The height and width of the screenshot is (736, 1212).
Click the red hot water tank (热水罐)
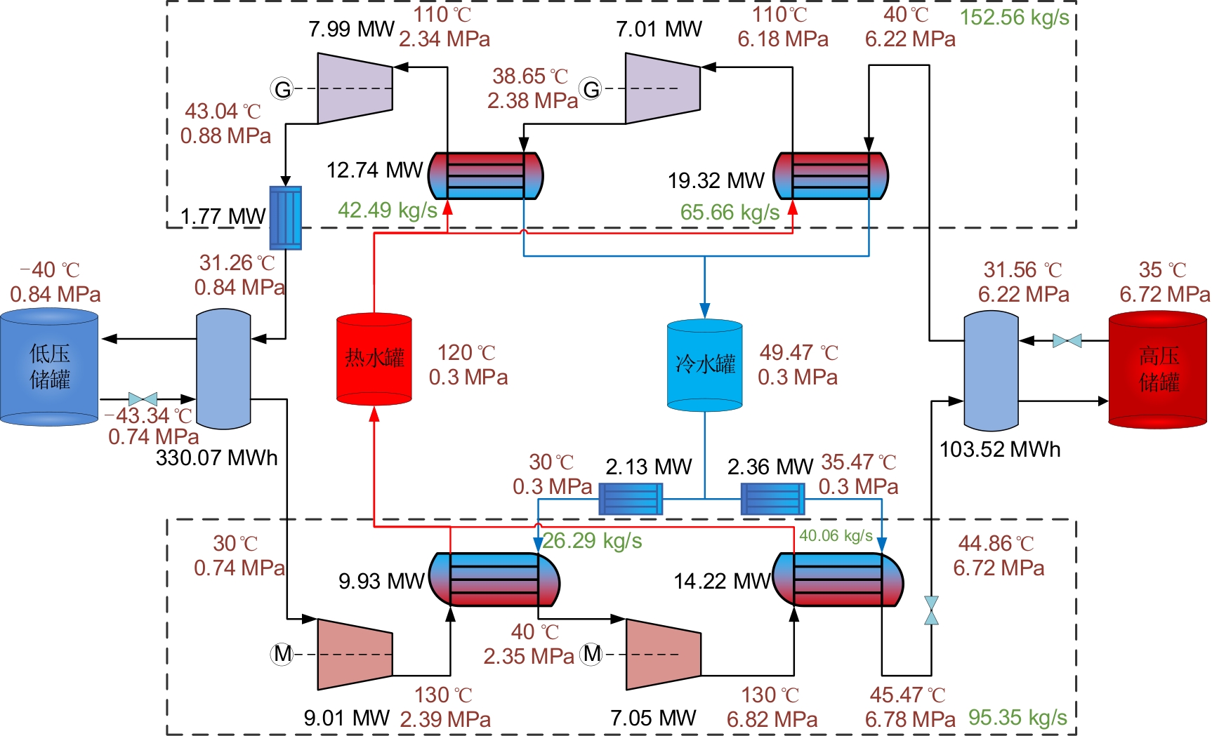[374, 359]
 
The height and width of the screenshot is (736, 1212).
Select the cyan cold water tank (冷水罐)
[704, 365]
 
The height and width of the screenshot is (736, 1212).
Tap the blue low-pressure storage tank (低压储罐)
[49, 368]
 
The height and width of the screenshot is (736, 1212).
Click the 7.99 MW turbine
[355, 88]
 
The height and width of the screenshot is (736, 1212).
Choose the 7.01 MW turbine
[663, 88]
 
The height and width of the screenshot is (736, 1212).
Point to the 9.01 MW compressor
[355, 654]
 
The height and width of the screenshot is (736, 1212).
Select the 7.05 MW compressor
[663, 654]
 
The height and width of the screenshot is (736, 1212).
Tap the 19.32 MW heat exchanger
[831, 175]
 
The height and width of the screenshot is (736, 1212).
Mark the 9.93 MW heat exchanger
[494, 580]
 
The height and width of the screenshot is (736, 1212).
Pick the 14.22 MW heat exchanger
[838, 580]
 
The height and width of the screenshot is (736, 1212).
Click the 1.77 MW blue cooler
[286, 218]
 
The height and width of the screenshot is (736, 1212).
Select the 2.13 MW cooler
[631, 500]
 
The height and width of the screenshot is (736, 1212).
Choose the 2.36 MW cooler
[773, 500]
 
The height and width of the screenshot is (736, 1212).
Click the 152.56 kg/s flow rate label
[1014, 18]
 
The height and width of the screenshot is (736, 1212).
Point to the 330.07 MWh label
[216, 458]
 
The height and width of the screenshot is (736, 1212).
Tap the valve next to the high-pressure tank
[1067, 341]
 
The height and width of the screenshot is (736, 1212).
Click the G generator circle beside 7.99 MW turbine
[282, 89]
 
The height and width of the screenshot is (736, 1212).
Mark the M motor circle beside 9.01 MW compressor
[282, 654]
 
